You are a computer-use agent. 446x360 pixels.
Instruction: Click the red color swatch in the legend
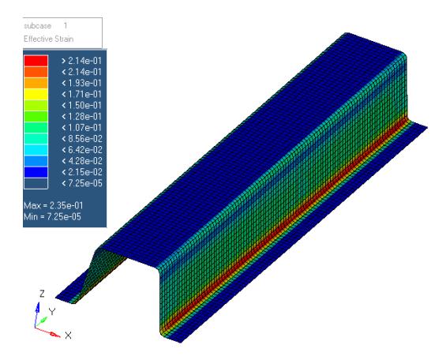click(36, 61)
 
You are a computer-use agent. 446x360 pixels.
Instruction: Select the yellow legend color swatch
click(36, 95)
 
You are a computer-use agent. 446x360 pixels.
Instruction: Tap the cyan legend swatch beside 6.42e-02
click(36, 150)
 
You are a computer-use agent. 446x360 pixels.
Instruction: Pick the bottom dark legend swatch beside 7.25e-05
click(36, 183)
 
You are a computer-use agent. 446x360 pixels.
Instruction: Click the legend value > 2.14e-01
click(81, 61)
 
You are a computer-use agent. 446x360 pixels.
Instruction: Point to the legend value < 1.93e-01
click(81, 83)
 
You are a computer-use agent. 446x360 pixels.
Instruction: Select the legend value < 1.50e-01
click(81, 106)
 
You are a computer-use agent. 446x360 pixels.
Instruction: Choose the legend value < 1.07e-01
click(81, 128)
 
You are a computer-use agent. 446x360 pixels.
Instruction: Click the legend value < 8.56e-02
click(82, 139)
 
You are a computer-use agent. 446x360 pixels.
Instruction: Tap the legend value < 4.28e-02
click(82, 161)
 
